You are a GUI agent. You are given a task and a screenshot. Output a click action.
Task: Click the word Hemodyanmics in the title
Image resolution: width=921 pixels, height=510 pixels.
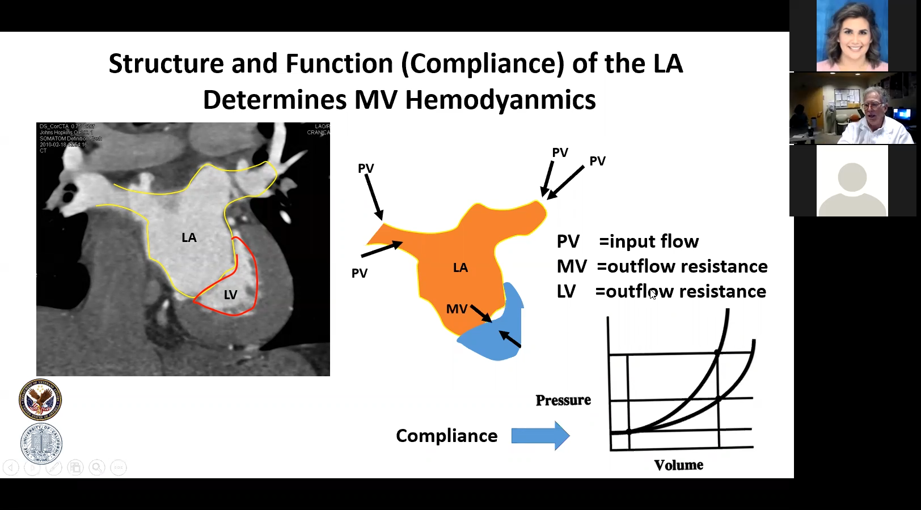pos(500,100)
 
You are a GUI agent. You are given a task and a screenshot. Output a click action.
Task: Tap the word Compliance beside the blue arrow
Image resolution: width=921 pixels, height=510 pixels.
pos(446,436)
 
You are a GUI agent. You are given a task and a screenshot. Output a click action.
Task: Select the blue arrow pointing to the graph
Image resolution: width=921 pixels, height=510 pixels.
pos(540,436)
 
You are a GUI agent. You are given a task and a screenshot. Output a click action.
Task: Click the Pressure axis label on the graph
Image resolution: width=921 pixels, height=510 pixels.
pos(563,400)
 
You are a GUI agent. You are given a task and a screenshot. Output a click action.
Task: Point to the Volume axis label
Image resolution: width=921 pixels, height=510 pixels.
pos(678,465)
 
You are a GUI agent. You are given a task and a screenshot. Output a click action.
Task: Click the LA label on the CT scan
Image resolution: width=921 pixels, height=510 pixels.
pos(189,238)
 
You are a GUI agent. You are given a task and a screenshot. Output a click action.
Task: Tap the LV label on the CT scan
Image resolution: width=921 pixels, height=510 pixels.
pos(230,295)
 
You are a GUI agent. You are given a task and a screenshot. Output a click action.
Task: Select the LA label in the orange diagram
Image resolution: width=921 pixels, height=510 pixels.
pos(460,267)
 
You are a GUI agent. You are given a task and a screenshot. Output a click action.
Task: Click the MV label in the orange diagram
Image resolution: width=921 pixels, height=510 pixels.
pos(457,309)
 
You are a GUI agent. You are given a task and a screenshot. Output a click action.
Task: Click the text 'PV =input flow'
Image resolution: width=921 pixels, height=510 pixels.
pos(627,242)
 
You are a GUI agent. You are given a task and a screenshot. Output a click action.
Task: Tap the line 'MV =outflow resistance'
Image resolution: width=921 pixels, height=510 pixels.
pos(662,266)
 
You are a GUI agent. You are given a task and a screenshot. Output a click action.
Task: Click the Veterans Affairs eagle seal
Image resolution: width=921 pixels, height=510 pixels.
pos(40,400)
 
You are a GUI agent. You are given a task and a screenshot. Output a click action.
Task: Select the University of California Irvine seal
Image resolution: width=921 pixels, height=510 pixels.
pos(41,443)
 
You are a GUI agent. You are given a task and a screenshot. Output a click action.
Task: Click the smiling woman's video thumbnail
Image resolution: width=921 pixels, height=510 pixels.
pos(852,36)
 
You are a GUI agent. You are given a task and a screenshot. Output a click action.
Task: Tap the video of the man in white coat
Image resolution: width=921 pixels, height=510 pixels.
pos(852,108)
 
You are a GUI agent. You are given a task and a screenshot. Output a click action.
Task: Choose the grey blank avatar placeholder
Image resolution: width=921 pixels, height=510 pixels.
pos(852,181)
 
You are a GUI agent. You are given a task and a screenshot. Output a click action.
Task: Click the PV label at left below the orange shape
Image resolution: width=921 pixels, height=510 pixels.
pos(360,273)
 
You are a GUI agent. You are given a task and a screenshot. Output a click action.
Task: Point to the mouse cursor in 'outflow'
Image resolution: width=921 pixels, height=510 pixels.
pos(652,294)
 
